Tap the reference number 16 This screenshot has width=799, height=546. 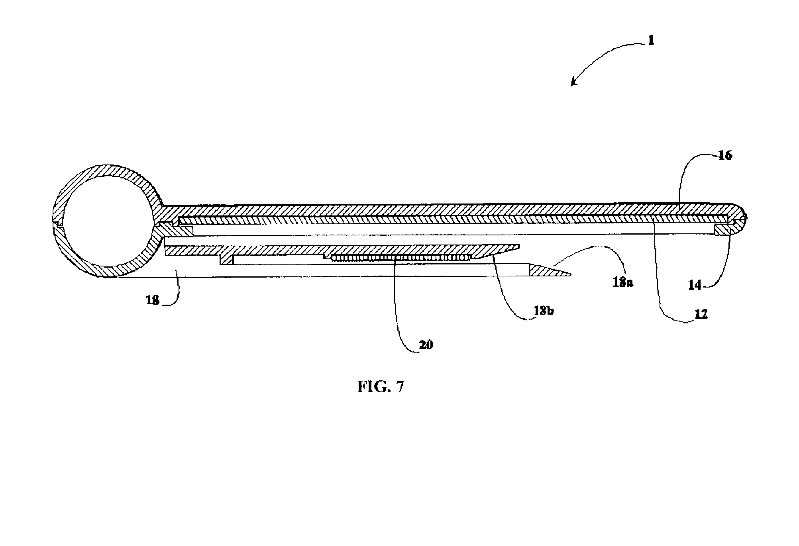(725, 156)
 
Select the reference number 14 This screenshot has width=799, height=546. (695, 285)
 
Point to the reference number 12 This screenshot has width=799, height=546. (701, 314)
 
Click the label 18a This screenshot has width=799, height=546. (623, 282)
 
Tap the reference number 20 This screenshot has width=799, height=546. (426, 344)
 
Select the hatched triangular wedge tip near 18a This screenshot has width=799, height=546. (546, 271)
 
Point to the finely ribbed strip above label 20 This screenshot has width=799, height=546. (400, 258)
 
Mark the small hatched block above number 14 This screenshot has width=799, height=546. (722, 230)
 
